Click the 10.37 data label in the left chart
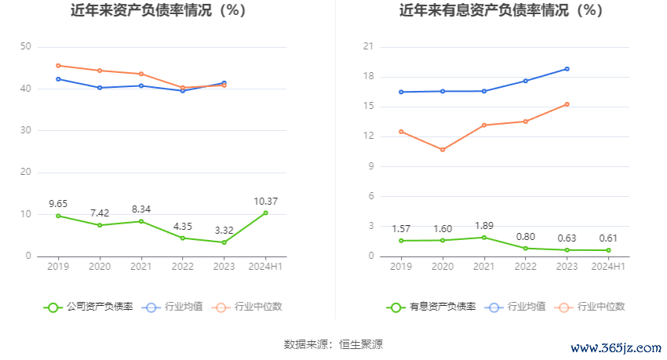pyautogui.click(x=266, y=202)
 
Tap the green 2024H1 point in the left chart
pyautogui.click(x=266, y=213)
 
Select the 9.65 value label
pyautogui.click(x=58, y=203)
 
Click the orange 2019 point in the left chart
pyautogui.click(x=58, y=65)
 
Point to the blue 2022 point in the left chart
pyautogui.click(x=183, y=91)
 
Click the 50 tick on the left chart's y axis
pyautogui.click(x=26, y=47)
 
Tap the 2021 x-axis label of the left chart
pyautogui.click(x=141, y=267)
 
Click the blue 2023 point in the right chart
pyautogui.click(x=567, y=69)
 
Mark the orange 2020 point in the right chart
pyautogui.click(x=443, y=150)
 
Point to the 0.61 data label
pyautogui.click(x=609, y=238)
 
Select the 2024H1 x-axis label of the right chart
pyautogui.click(x=609, y=267)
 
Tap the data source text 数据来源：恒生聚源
pyautogui.click(x=333, y=344)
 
